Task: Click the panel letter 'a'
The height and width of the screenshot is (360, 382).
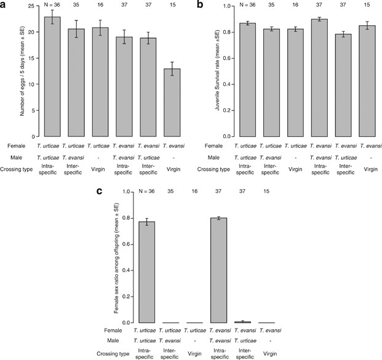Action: click(x=4, y=5)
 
